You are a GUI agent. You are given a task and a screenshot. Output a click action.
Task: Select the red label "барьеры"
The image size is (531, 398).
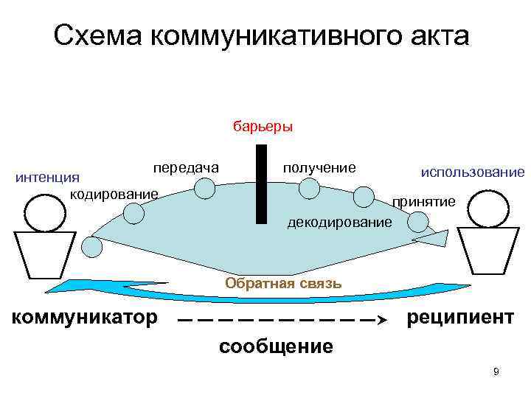coord(263,126)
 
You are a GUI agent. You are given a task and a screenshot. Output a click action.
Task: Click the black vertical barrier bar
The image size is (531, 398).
coord(261,184)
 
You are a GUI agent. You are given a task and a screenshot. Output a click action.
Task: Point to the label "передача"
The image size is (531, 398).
coord(186,168)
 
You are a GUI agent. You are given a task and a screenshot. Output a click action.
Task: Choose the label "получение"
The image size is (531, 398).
coord(319,168)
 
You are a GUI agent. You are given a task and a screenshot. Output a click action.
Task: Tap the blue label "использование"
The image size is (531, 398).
coord(472,172)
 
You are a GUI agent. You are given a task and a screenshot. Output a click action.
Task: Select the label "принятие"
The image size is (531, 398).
coord(424,201)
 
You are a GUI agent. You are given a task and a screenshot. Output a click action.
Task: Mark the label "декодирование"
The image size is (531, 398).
coord(339,221)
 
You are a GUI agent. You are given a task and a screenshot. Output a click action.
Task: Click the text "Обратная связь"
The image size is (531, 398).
coord(283,283)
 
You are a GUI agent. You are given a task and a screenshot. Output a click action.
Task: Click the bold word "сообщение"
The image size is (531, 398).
coord(276,346)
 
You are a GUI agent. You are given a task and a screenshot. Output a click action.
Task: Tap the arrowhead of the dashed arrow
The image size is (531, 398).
coord(381,321)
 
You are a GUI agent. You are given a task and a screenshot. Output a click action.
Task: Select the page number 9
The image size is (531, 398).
coord(496,371)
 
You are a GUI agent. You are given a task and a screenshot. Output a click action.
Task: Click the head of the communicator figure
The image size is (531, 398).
coord(46,212)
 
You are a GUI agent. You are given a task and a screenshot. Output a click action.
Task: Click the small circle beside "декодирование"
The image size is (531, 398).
coord(417,222)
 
